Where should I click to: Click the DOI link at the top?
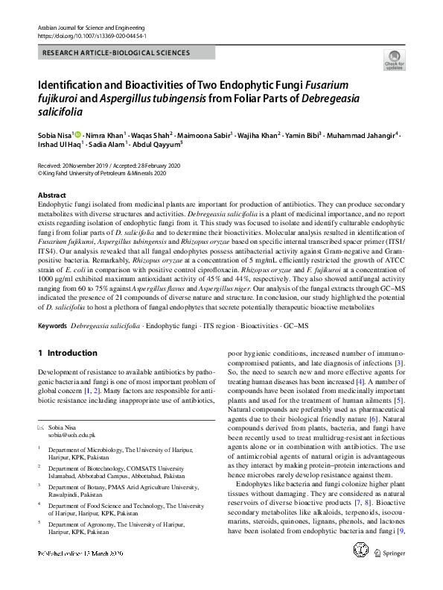click(92, 35)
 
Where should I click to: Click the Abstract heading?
click(52, 195)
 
